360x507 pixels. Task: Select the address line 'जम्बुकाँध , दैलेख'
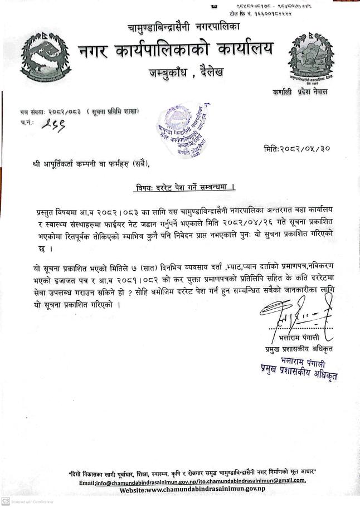186,72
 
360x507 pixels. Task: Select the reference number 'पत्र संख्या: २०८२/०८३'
50,113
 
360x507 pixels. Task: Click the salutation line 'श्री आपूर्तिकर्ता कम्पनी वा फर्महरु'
91,164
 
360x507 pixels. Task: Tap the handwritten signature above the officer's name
296,318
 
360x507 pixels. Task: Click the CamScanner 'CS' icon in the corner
5,501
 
